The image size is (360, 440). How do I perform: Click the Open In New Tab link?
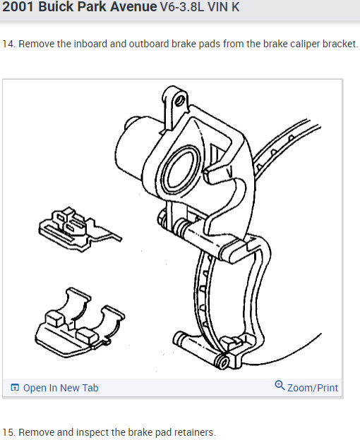pos(61,388)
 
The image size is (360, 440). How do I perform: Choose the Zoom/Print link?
pos(313,388)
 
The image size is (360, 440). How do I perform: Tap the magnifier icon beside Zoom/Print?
pos(280,386)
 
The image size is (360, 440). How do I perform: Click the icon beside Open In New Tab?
pos(15,388)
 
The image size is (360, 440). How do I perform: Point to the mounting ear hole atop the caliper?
pos(179,101)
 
